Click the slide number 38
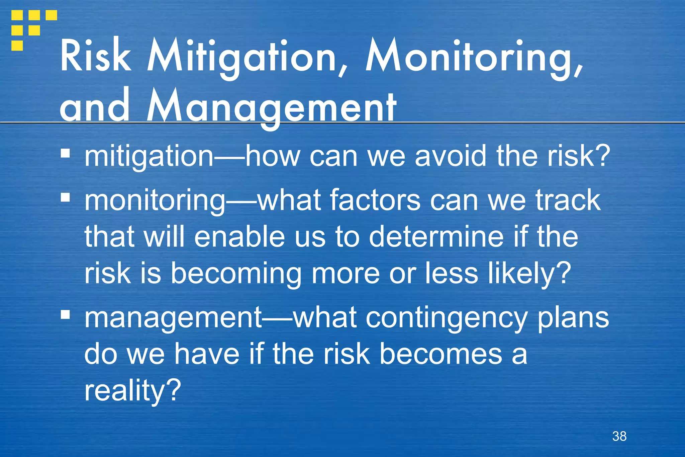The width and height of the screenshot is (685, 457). pos(619,436)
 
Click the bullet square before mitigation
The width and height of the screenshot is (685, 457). pos(66,154)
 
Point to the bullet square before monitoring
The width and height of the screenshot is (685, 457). pos(66,197)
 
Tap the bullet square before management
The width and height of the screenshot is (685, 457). pos(66,315)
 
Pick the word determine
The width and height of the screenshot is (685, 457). pos(436,237)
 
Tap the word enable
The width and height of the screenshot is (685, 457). pos(239,237)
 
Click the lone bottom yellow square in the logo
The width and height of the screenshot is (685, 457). pos(17,45)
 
